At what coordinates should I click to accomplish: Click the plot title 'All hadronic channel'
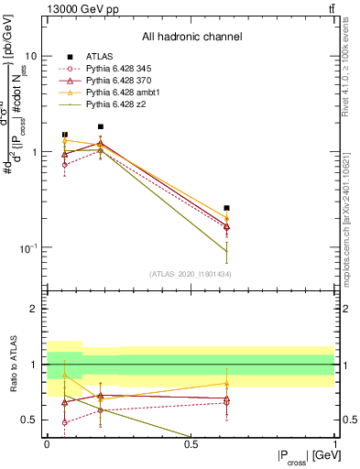tap(191, 38)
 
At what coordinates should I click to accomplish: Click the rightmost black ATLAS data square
tap(226, 208)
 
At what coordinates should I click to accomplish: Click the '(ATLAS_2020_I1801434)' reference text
tap(191, 274)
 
